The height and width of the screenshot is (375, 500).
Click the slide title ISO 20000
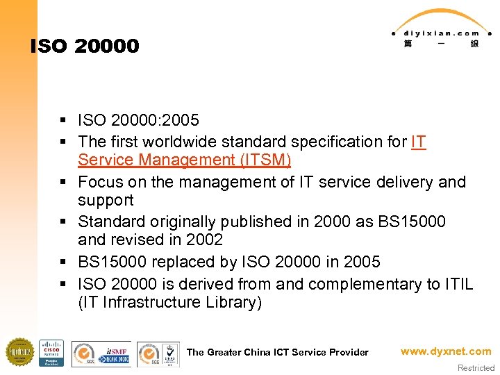[85, 47]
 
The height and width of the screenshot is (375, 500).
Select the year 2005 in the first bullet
[180, 122]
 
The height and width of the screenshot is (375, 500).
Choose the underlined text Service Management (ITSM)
[185, 160]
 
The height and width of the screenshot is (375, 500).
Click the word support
[106, 201]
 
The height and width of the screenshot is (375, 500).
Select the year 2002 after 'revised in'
[205, 240]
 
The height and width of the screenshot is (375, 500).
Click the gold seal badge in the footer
[19, 352]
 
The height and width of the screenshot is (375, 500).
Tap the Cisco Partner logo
[51, 353]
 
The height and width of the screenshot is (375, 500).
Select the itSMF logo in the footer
[115, 353]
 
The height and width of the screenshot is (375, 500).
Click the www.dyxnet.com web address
[446, 351]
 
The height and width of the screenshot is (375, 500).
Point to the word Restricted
[476, 368]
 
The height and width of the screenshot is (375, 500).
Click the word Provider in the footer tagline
[350, 352]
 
